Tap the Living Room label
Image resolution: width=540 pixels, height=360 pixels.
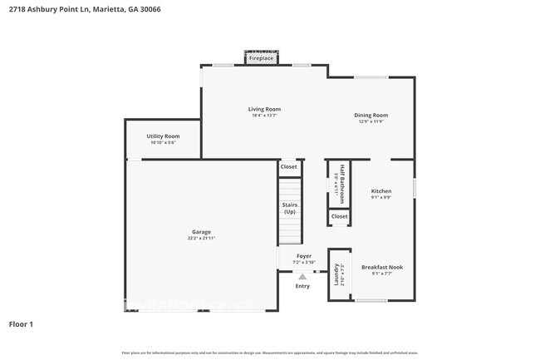point(264,109)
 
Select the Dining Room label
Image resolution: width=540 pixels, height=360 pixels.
point(371,115)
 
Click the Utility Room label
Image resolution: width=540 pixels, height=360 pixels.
point(163,136)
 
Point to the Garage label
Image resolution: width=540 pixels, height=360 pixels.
point(201,232)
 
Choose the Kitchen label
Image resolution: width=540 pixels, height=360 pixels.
point(381,190)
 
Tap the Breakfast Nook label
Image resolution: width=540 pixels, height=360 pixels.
point(382,267)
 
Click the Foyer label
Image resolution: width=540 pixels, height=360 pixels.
point(304,256)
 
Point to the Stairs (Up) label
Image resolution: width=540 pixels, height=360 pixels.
point(290,208)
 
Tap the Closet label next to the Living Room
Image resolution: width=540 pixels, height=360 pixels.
point(288,167)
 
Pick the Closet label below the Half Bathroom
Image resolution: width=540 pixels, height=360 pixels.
point(339,217)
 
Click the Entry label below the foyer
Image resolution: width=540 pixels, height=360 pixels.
point(302,286)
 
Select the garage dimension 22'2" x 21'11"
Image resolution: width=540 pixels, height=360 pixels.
point(201,239)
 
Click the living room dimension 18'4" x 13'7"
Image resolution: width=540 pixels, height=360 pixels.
point(264,116)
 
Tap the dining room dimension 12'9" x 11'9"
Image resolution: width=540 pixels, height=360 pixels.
point(371,121)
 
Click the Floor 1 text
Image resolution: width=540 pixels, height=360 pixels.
point(21,323)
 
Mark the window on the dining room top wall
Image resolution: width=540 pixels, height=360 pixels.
point(371,77)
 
